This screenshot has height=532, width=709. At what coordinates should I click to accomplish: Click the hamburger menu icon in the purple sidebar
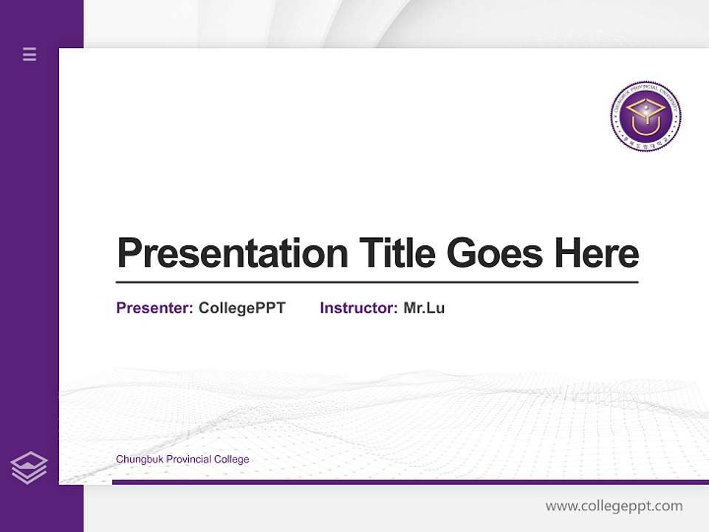pyautogui.click(x=30, y=54)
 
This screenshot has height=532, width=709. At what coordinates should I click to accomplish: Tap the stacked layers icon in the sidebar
pyautogui.click(x=29, y=468)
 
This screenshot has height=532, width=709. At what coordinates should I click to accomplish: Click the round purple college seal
pyautogui.click(x=645, y=117)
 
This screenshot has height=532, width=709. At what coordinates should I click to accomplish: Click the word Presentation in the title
pyautogui.click(x=232, y=253)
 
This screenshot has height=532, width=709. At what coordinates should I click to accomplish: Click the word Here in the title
pyautogui.click(x=596, y=253)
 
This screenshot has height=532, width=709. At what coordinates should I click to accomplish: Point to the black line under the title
pyautogui.click(x=377, y=282)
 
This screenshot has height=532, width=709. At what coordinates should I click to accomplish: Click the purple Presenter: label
pyautogui.click(x=154, y=308)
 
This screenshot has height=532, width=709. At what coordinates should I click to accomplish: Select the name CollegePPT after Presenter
pyautogui.click(x=242, y=308)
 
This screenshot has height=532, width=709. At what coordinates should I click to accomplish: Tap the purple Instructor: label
pyautogui.click(x=358, y=308)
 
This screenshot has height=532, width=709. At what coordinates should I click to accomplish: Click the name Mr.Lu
pyautogui.click(x=424, y=308)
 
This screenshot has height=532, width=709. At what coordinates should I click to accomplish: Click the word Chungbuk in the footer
pyautogui.click(x=140, y=460)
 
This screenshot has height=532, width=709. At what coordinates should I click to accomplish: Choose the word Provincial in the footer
pyautogui.click(x=189, y=460)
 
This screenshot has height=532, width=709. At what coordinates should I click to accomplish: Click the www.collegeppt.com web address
pyautogui.click(x=614, y=506)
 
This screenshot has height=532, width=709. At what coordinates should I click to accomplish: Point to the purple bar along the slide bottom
pyautogui.click(x=410, y=482)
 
